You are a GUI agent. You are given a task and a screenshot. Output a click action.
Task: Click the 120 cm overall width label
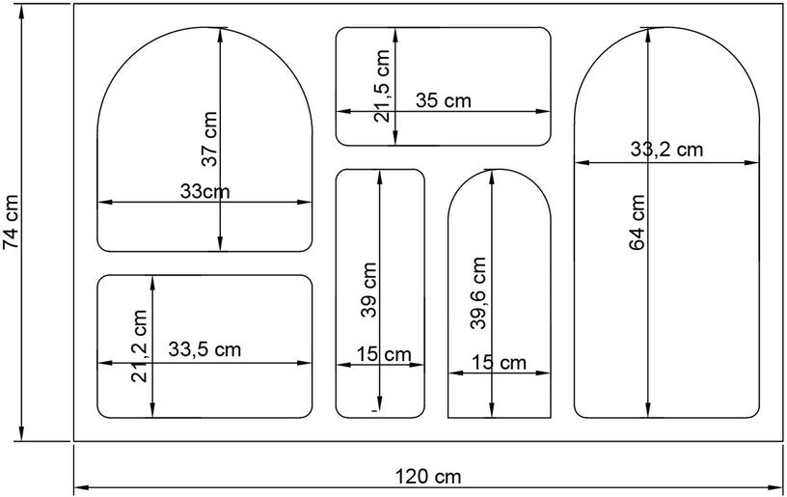click(x=428, y=476)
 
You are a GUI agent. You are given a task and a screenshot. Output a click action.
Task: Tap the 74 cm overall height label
click(x=11, y=221)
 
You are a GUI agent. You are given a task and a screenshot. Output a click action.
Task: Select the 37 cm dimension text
click(x=209, y=139)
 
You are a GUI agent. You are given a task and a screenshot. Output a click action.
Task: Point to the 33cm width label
click(x=204, y=191)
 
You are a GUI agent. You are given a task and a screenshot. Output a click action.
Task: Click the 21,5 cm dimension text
click(x=382, y=86)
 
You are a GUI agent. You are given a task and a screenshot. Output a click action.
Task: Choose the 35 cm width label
click(x=444, y=100)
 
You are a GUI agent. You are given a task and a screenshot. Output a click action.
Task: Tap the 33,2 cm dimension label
click(x=667, y=150)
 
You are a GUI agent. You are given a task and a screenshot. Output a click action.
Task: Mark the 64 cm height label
click(x=637, y=222)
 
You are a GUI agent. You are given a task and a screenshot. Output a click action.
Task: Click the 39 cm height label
click(x=368, y=290)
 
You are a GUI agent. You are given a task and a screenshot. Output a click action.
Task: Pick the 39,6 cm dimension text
click(x=478, y=293)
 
